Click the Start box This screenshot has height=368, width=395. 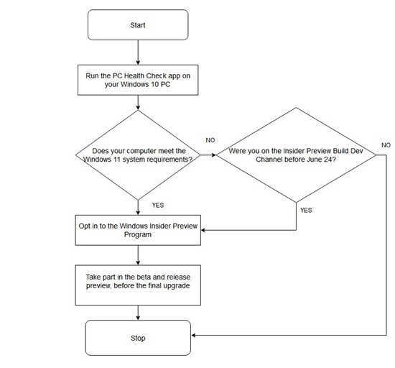pos(138,24)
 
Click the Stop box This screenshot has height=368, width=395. pos(138,338)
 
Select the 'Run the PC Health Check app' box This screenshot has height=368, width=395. pos(138,80)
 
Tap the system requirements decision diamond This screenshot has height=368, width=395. pos(138,155)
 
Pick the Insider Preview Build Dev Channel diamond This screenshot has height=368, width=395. pos(296,155)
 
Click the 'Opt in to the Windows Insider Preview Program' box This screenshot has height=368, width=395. pos(138,230)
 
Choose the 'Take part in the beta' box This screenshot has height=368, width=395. pos(138,285)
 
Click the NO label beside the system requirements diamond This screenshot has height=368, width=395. pos(210,140)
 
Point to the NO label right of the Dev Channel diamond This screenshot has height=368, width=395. pos(386,145)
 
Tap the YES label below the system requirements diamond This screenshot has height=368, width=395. pos(158,205)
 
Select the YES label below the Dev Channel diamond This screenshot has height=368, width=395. pos(306,210)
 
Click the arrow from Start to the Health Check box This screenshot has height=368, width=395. pos(138,52)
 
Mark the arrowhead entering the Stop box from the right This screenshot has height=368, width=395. pos(193,335)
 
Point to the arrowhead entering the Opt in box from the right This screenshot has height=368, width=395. pos(203,230)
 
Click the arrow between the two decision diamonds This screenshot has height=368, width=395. pos(208,155)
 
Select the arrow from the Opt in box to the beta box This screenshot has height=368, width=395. pos(138,255)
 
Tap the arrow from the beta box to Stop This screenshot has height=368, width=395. pos(138,313)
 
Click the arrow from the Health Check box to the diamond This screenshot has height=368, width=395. pos(138,103)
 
